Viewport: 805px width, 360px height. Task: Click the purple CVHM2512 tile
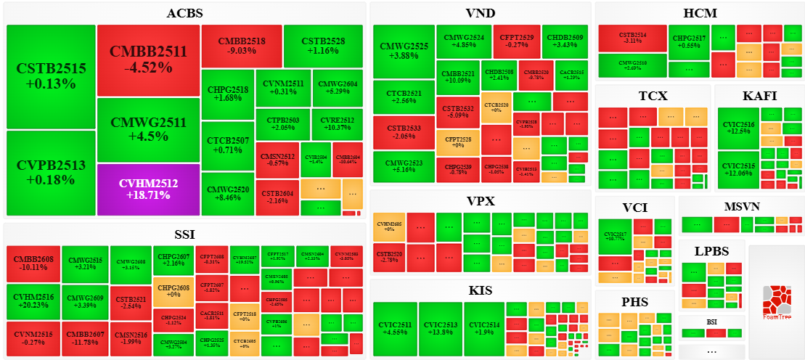148,189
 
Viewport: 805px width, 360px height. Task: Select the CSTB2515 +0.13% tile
51,76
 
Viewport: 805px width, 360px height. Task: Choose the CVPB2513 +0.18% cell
51,173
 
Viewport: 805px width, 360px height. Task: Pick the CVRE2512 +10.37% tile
337,124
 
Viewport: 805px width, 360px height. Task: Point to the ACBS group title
184,13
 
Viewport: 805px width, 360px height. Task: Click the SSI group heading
184,234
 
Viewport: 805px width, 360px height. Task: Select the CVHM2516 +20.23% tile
35,300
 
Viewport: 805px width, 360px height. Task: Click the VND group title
480,13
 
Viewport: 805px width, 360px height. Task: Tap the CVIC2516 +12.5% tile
738,128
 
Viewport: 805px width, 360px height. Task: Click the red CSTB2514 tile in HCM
632,38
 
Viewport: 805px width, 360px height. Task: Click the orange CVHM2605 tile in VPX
388,227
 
